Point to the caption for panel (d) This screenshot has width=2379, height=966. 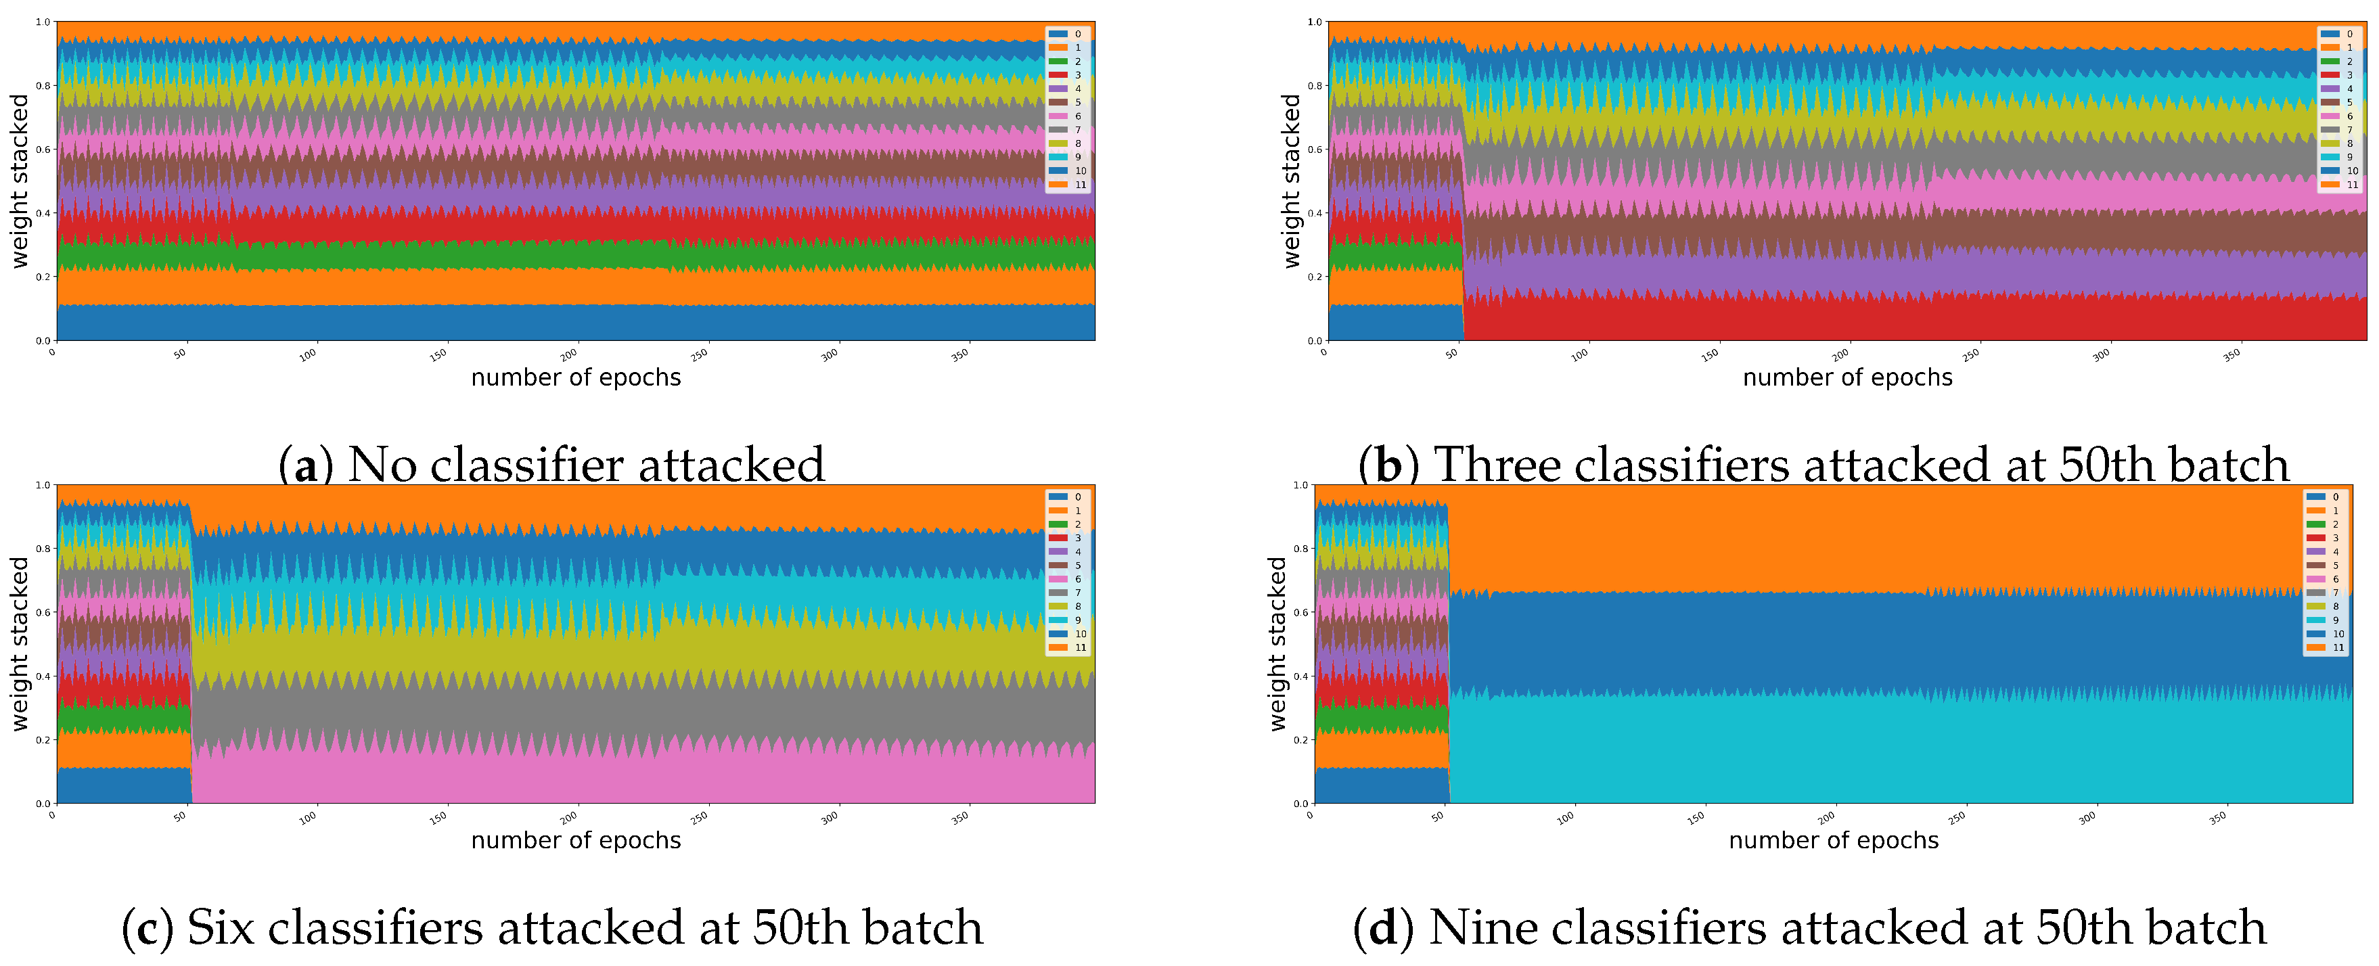point(1809,927)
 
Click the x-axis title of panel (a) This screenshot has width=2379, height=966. point(575,377)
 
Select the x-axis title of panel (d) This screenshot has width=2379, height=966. point(1833,840)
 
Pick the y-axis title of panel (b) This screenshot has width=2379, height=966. point(1291,181)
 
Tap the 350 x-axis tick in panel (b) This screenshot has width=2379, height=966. point(2231,354)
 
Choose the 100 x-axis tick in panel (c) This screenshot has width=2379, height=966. point(308,817)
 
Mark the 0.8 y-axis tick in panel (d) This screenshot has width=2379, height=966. point(1300,549)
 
